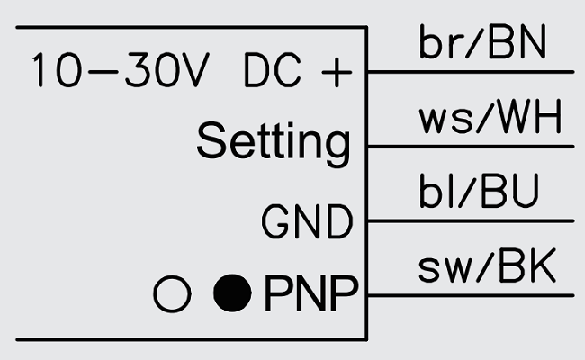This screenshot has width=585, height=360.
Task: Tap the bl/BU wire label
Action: pyautogui.click(x=479, y=193)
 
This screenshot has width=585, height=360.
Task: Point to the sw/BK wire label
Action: pyautogui.click(x=487, y=268)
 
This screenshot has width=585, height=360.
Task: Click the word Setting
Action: pyautogui.click(x=273, y=142)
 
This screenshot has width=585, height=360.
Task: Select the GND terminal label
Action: pyautogui.click(x=306, y=222)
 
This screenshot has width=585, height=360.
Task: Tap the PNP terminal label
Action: pyautogui.click(x=310, y=292)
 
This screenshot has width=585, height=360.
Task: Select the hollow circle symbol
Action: pyautogui.click(x=172, y=293)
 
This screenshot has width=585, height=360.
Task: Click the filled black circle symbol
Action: pyautogui.click(x=231, y=293)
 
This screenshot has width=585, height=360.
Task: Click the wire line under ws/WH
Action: pyautogui.click(x=468, y=146)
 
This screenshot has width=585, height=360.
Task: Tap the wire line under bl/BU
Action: pyautogui.click(x=468, y=220)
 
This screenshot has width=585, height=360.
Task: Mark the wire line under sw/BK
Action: pyautogui.click(x=468, y=294)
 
